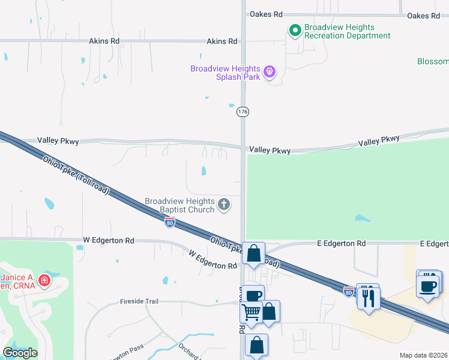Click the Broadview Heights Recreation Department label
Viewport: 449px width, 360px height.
[x=347, y=32]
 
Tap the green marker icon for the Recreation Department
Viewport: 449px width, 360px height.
[x=295, y=29]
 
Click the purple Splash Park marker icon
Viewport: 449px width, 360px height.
[x=270, y=72]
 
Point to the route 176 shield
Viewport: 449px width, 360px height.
[x=243, y=112]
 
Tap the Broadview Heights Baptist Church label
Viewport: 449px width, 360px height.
[x=179, y=206]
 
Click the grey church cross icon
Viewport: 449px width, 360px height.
[x=224, y=205]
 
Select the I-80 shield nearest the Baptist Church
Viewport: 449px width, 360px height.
[x=170, y=223]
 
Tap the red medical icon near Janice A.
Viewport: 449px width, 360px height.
[x=44, y=280]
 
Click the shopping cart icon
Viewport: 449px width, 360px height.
[x=252, y=312]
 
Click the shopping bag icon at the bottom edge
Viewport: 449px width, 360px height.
[x=256, y=346]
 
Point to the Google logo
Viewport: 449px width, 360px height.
[x=20, y=353]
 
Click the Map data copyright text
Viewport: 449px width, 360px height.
[x=424, y=355]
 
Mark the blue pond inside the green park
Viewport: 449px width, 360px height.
[x=363, y=218]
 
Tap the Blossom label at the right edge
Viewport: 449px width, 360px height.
[x=433, y=62]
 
